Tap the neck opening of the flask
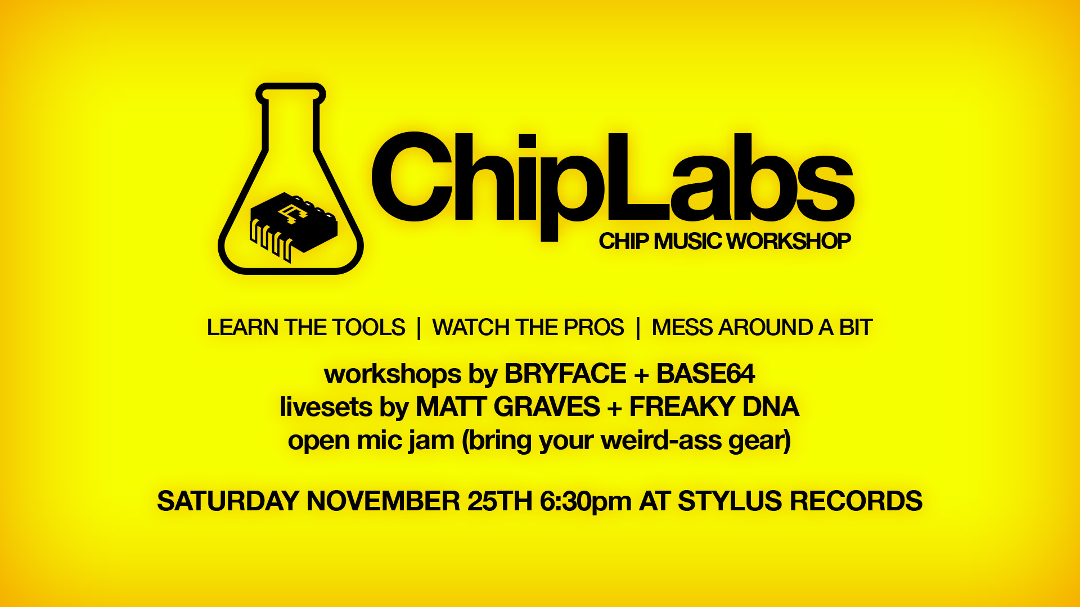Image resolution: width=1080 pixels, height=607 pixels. pyautogui.click(x=291, y=94)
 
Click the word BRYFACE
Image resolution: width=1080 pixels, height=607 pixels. pyautogui.click(x=565, y=374)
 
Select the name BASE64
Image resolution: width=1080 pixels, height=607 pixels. pyautogui.click(x=705, y=374)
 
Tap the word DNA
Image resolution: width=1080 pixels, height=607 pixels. pyautogui.click(x=771, y=407)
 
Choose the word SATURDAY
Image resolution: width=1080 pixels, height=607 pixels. pyautogui.click(x=228, y=501)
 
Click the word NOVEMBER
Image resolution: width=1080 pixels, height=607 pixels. pyautogui.click(x=383, y=501)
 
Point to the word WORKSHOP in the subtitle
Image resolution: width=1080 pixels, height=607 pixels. pyautogui.click(x=788, y=241)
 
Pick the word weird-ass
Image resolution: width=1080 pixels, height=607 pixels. pyautogui.click(x=661, y=441)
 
